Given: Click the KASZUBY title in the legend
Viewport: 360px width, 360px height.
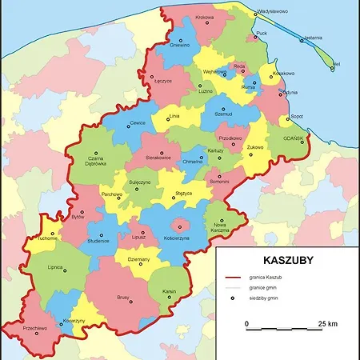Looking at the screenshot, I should click(288, 260).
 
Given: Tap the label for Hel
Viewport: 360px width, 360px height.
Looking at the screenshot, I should click(336, 62).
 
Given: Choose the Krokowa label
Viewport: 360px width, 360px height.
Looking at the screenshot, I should click(205, 18).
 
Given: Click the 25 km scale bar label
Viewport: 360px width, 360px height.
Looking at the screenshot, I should click(327, 323).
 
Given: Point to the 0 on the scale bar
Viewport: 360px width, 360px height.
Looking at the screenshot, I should click(246, 323).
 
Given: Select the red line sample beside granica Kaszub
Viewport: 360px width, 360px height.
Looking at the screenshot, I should click(231, 276).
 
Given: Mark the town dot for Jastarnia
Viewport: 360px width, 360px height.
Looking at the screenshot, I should click(302, 40).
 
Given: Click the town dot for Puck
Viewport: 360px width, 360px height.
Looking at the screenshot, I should click(255, 36).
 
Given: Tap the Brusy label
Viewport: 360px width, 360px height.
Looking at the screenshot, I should click(123, 298).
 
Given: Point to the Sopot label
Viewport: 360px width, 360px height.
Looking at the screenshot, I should click(297, 116).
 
